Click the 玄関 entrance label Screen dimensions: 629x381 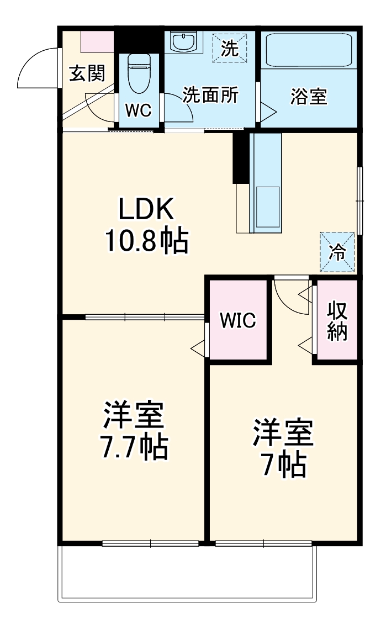(x=87, y=73)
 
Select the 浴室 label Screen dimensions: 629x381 (x=309, y=97)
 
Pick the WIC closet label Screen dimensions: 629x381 (x=238, y=320)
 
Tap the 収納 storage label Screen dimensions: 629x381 (x=336, y=321)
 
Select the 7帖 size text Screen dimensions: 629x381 (x=283, y=466)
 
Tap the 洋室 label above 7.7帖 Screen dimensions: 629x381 (x=133, y=416)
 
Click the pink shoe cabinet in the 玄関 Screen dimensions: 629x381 (x=97, y=41)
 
